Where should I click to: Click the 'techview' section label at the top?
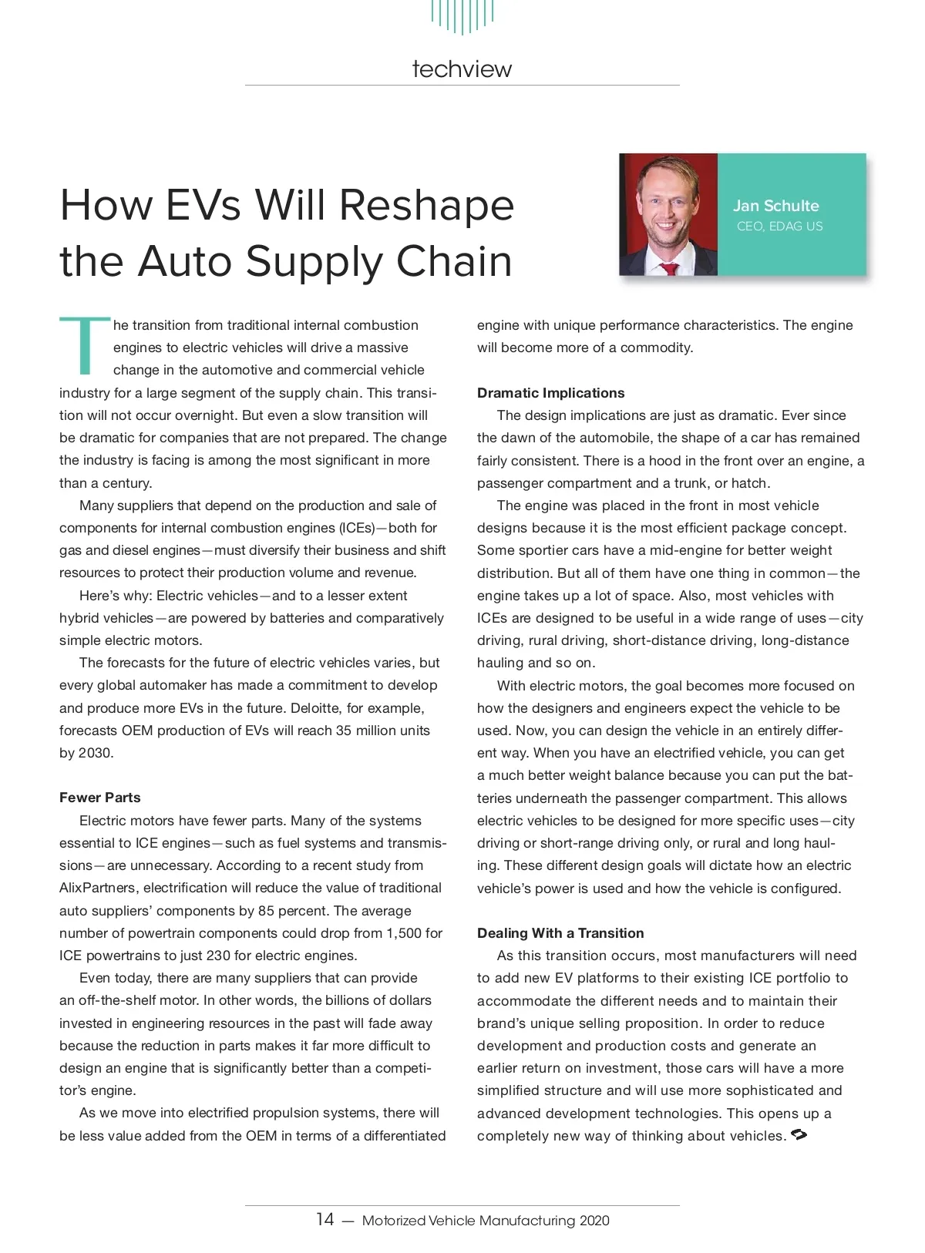click(462, 69)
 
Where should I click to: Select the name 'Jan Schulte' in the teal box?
click(775, 206)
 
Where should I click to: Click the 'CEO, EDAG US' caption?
click(779, 227)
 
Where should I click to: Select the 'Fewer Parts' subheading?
click(100, 798)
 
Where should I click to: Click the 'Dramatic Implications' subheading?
click(550, 393)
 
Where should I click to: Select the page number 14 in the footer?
click(325, 1220)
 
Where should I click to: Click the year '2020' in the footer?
click(594, 1221)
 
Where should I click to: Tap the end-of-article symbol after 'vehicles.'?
click(799, 1135)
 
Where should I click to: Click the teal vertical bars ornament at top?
click(462, 15)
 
